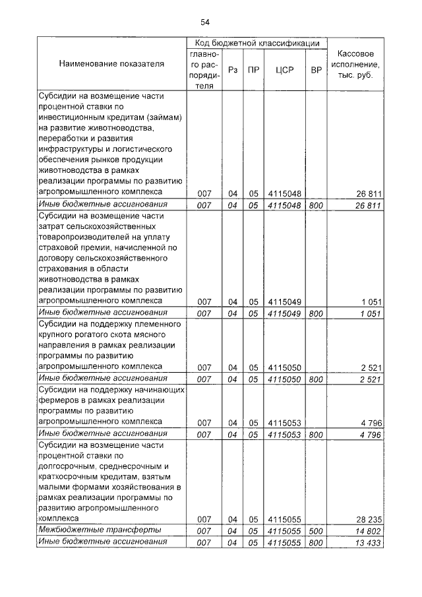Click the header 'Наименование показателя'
coord(111,64)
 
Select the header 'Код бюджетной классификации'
coord(257,43)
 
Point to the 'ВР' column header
coord(316,70)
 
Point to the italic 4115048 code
coord(284,205)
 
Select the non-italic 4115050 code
coord(284,367)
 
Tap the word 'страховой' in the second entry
coord(59,247)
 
